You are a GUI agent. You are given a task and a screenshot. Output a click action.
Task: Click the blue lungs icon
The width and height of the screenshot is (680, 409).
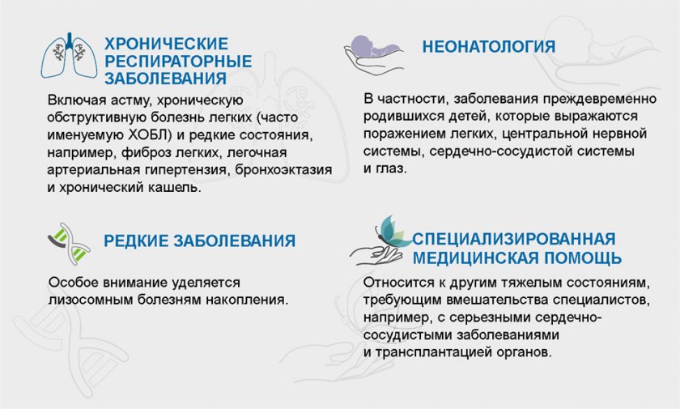69,56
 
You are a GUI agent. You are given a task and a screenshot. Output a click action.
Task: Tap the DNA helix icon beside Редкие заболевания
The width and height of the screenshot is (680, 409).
69,244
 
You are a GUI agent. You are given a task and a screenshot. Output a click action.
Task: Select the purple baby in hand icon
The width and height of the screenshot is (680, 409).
374,54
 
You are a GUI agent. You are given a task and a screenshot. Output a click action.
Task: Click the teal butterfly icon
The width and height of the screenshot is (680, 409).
393,231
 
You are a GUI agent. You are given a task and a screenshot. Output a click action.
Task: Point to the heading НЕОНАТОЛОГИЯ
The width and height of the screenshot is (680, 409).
489,47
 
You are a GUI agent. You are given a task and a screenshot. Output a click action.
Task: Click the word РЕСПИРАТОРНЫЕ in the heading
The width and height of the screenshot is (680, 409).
178,62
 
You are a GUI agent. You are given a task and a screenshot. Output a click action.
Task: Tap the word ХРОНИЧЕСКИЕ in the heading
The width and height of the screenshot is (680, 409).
167,44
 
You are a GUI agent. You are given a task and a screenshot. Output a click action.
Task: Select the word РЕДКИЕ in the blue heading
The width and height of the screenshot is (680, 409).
136,241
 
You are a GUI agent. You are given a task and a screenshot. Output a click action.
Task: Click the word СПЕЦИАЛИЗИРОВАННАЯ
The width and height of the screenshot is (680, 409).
514,239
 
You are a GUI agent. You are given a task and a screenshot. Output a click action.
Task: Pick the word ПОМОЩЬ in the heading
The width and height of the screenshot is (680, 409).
583,258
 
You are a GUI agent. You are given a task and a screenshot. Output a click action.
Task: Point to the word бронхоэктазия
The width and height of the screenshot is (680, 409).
283,169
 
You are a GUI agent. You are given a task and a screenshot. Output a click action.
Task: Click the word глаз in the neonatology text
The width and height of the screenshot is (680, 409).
390,168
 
